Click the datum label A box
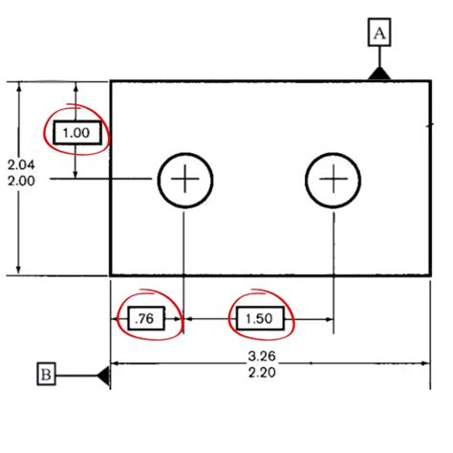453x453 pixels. pos(380,34)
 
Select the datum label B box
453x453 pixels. pos(46,375)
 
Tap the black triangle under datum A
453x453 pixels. pos(380,73)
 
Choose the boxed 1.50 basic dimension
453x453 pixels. pos(261,319)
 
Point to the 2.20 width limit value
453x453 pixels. pos(260,374)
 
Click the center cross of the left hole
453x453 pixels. pos(184,179)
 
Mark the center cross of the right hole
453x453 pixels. pos(333,179)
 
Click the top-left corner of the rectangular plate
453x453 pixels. pos(111,81)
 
